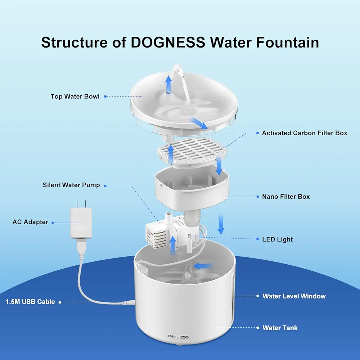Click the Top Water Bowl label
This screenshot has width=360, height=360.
(75, 96)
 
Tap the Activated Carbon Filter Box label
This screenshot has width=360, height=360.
(305, 133)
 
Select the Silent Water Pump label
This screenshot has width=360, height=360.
(71, 185)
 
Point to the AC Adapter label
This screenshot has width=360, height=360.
(30, 222)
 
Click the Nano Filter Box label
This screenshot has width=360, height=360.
(286, 197)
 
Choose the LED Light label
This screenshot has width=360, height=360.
(277, 239)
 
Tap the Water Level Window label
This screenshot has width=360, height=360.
(294, 296)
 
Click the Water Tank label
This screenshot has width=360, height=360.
(280, 328)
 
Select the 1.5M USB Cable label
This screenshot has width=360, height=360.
(30, 302)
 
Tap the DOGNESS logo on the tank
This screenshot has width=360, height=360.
(178, 337)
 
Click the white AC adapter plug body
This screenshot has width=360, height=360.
(81, 223)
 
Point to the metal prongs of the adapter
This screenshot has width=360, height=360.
(81, 203)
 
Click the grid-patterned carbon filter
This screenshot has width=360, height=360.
(192, 151)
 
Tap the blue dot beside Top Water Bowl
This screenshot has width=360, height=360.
(105, 96)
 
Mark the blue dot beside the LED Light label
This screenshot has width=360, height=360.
(257, 239)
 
